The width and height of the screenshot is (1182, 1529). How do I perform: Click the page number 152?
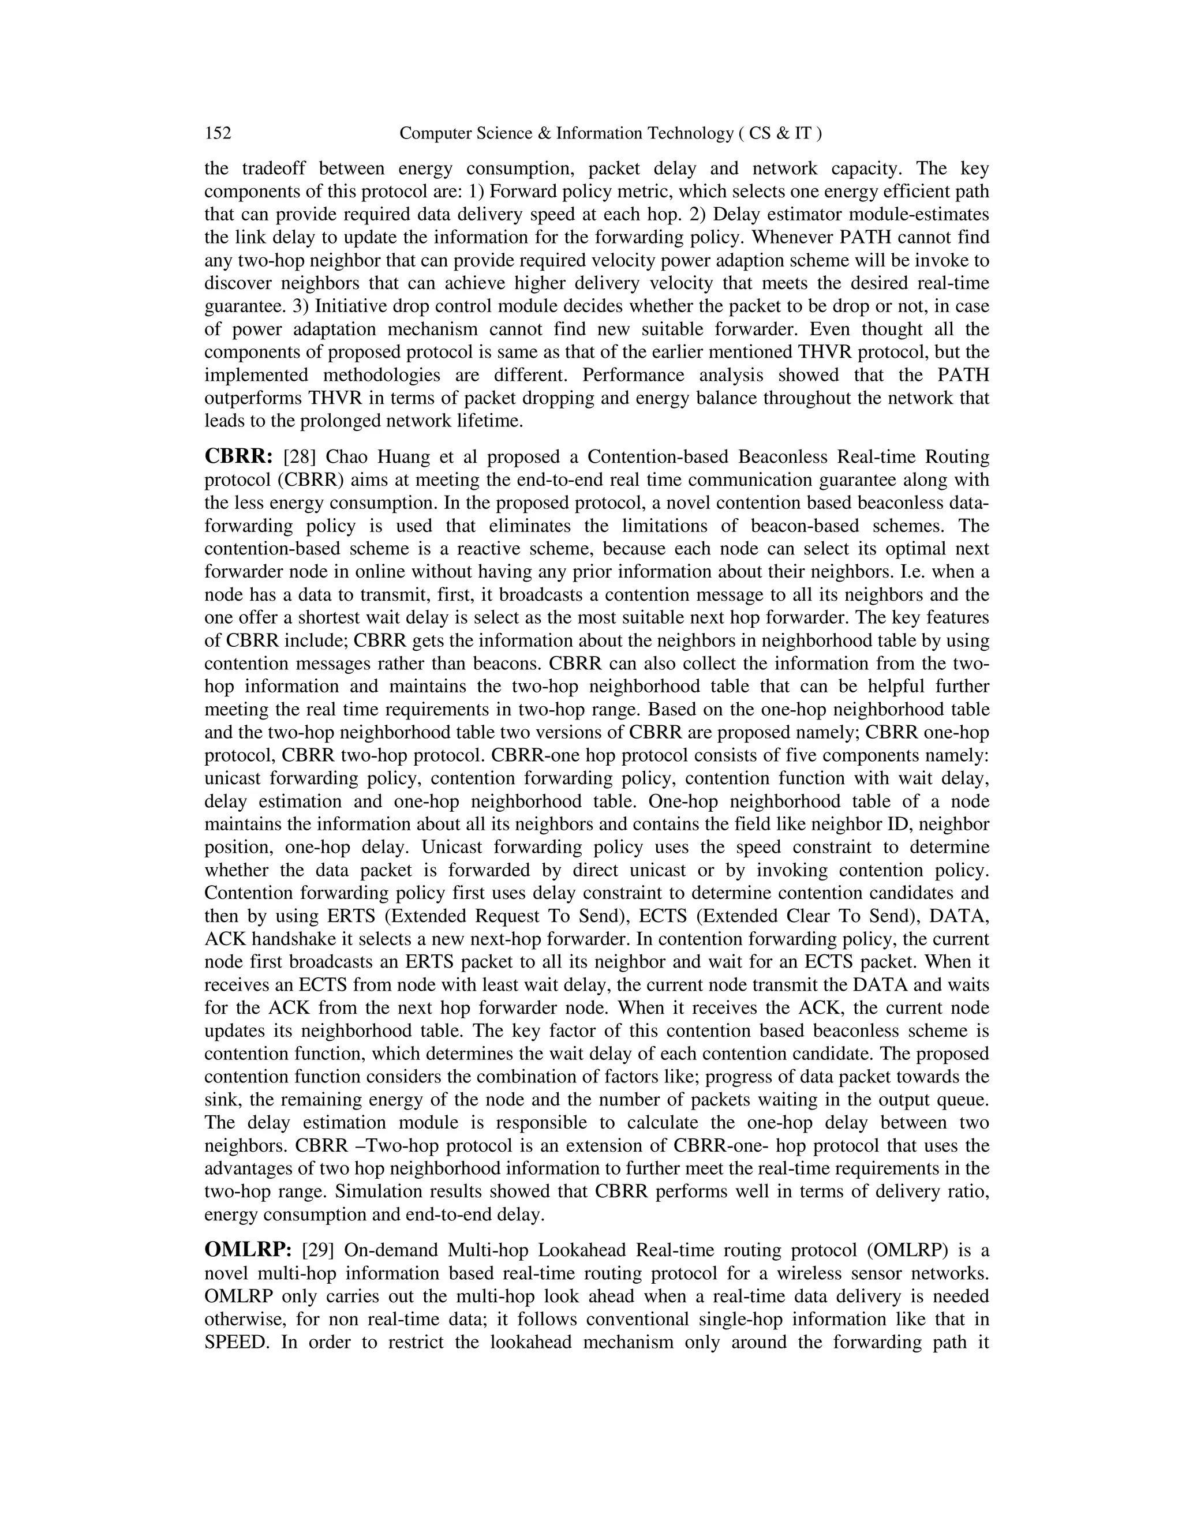218,133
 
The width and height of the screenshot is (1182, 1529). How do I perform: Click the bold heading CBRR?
238,457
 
